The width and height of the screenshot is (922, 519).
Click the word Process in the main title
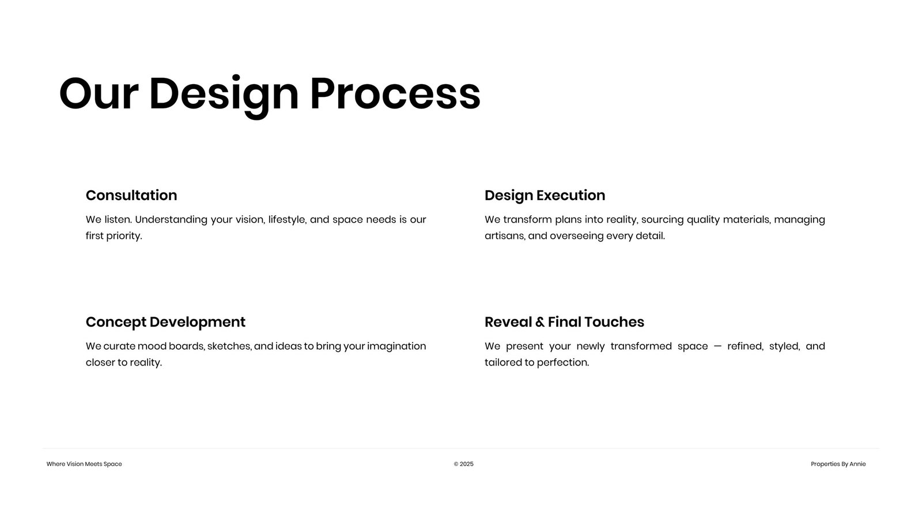click(395, 93)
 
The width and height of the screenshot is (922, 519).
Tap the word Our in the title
click(99, 93)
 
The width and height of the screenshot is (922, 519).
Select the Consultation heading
click(131, 195)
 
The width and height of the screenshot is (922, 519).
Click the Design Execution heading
click(545, 195)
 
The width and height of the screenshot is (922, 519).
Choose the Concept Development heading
click(165, 322)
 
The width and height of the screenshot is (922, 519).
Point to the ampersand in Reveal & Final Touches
click(539, 322)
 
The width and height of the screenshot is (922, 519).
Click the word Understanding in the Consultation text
click(171, 220)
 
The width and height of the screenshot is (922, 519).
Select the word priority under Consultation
click(124, 236)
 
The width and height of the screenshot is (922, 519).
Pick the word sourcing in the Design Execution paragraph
click(662, 220)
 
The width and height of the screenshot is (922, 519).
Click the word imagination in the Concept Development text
click(396, 347)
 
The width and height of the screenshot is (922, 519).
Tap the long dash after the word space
click(717, 347)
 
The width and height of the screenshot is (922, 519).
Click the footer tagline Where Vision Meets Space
click(84, 464)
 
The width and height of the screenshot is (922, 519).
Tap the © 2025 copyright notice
click(463, 464)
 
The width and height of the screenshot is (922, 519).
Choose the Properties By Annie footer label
click(838, 464)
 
